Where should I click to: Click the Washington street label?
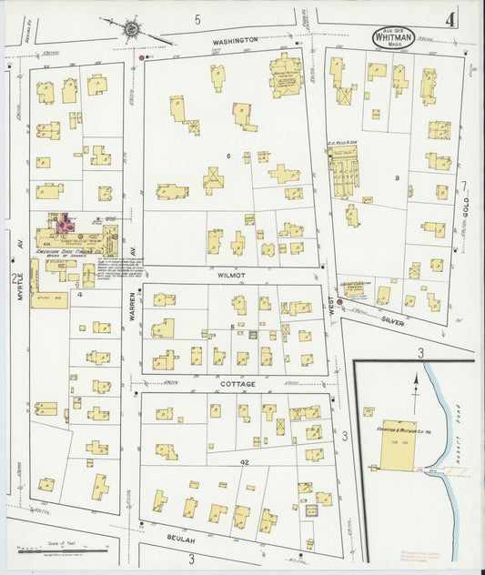coord(237,40)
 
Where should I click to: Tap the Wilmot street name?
coord(234,272)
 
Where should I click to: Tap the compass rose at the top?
coord(133,30)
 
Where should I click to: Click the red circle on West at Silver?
coord(339,302)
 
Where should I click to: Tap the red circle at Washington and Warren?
coord(141,57)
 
